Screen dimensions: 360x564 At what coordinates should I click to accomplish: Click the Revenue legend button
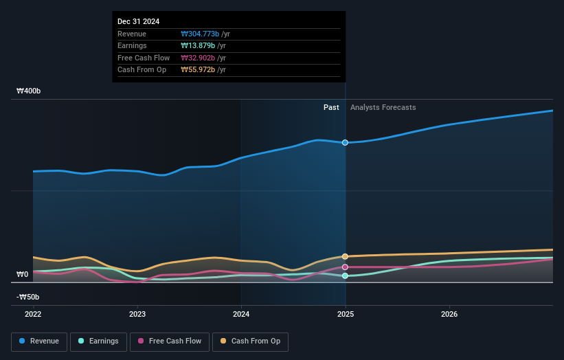coord(40,341)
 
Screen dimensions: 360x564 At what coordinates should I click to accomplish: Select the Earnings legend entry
coord(98,341)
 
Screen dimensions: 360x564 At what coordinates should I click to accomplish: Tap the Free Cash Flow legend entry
coord(170,341)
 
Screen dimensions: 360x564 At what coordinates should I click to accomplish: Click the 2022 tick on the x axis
coord(33,314)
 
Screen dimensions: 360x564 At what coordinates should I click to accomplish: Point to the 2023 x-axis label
coord(137,314)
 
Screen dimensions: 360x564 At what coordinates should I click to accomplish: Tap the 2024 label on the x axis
coord(241,314)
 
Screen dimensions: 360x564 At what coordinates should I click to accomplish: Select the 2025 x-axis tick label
coord(345,314)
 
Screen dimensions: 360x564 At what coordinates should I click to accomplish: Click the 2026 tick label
coord(449,314)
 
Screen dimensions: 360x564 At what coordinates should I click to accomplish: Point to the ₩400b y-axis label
coord(29,91)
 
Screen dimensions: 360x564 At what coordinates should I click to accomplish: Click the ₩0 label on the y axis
coord(23,274)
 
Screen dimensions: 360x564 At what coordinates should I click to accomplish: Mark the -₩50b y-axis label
coord(28,297)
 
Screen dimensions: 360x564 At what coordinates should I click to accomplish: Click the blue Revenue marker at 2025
coord(345,142)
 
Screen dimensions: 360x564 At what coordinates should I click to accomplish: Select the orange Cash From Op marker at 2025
coord(345,256)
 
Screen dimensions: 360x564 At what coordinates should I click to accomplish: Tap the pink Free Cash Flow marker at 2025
coord(345,267)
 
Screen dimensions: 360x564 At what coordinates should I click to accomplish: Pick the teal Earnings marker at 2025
coord(345,275)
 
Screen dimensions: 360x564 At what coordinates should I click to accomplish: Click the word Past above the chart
coord(331,107)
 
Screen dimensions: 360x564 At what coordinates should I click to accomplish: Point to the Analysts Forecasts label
coord(383,107)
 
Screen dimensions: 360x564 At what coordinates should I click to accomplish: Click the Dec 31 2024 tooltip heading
coord(138,21)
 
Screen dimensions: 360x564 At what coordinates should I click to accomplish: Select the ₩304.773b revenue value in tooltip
coord(200,34)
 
